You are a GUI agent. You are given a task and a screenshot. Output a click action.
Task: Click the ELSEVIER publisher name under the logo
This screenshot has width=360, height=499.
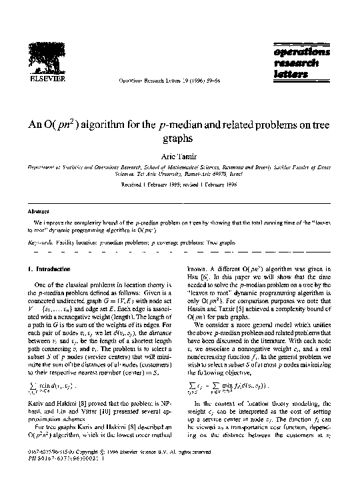[x=43, y=77]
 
